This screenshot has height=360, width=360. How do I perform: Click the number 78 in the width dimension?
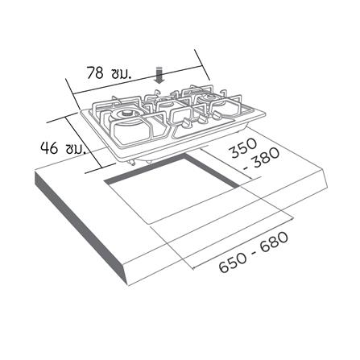coord(95,72)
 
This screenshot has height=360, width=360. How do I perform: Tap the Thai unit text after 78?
coord(121,72)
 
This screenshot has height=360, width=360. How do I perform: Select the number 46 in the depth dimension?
coord(49,147)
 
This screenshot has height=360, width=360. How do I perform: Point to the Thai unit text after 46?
coord(76,148)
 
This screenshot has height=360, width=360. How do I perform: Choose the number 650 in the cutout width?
coord(233,263)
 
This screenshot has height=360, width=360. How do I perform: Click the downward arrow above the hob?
coord(159,74)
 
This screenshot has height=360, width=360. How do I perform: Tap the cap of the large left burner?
coord(127,114)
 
